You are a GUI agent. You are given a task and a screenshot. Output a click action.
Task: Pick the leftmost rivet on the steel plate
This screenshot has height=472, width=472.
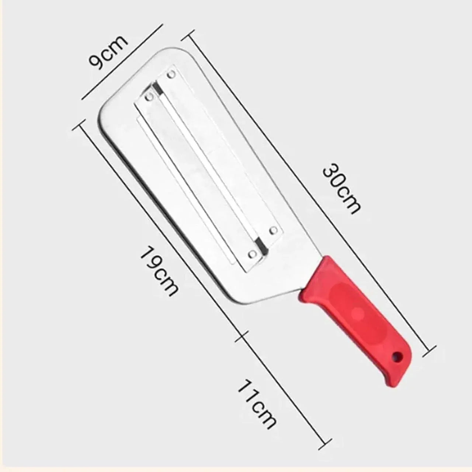tap(149, 97)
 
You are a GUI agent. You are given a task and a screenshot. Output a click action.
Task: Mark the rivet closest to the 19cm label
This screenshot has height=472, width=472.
tap(252, 254)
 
